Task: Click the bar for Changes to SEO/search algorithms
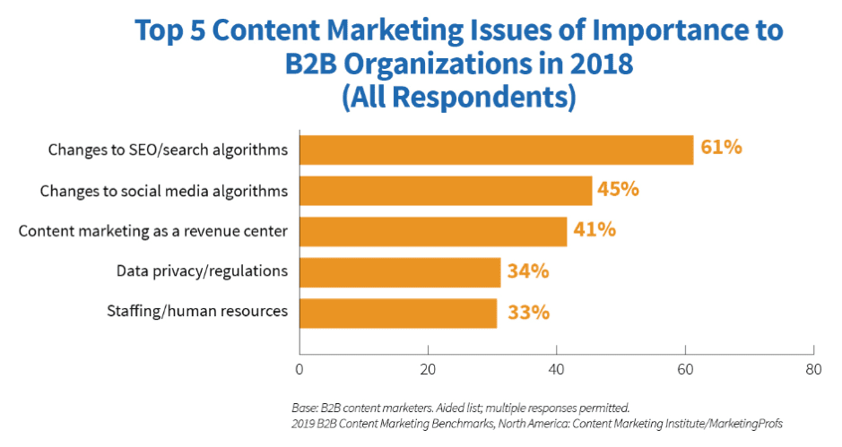pyautogui.click(x=496, y=150)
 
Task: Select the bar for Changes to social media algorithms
pyautogui.click(x=446, y=191)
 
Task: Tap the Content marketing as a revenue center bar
pyautogui.click(x=433, y=231)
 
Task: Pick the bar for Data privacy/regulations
pyautogui.click(x=400, y=272)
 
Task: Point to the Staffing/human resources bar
pyautogui.click(x=398, y=313)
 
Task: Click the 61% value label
pyautogui.click(x=721, y=148)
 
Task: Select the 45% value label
pyautogui.click(x=617, y=189)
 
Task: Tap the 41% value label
pyautogui.click(x=595, y=230)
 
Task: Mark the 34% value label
pyautogui.click(x=527, y=271)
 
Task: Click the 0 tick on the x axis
pyautogui.click(x=299, y=367)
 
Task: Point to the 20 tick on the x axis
pyautogui.click(x=428, y=367)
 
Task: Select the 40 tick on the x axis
pyautogui.click(x=556, y=367)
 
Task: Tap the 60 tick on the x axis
pyautogui.click(x=685, y=367)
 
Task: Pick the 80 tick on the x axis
pyautogui.click(x=813, y=367)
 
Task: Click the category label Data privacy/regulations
pyautogui.click(x=202, y=271)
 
